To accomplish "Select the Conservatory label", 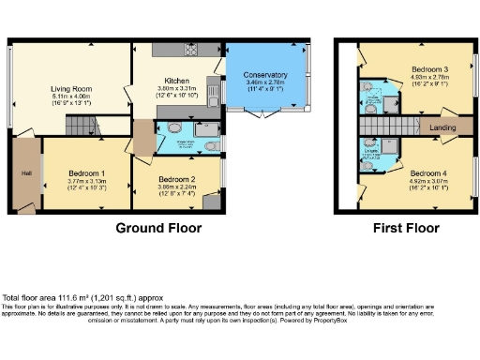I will [x=265, y=75].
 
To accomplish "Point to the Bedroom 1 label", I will [x=86, y=174].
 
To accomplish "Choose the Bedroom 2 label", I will [x=177, y=178].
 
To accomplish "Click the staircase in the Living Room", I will [x=86, y=124].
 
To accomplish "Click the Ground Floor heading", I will [x=157, y=228].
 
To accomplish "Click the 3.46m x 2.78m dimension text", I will [x=265, y=82].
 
